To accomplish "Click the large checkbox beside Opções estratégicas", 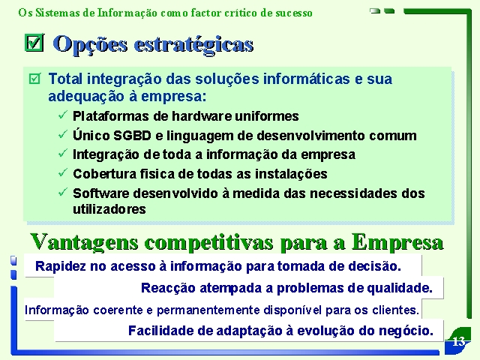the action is (x=34, y=43).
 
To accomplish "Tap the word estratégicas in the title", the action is (x=193, y=45).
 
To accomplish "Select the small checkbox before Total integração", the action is (x=34, y=79).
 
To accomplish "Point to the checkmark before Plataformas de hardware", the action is (x=63, y=115).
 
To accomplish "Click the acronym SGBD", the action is (x=132, y=136).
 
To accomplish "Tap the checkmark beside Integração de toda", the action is (x=63, y=153).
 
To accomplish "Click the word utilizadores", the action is (x=109, y=209).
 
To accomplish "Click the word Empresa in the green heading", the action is (x=397, y=242).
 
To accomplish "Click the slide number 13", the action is (x=458, y=341).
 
